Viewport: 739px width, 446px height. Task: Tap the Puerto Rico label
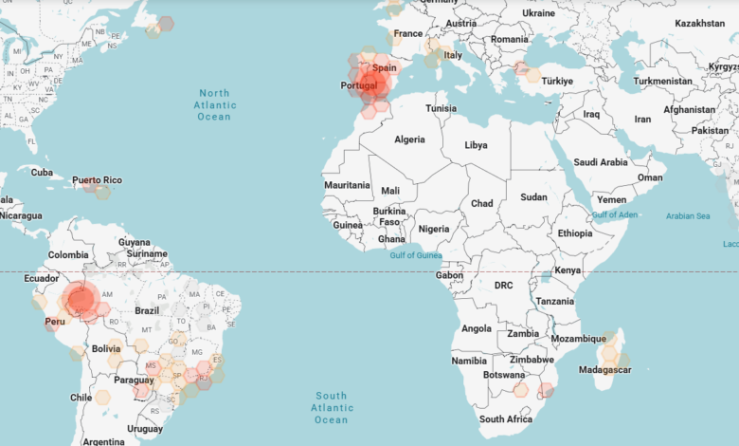pos(98,180)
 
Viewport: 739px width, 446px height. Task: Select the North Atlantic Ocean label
pos(214,104)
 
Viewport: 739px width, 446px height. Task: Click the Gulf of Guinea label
pos(416,255)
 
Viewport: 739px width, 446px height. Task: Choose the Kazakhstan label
pos(699,22)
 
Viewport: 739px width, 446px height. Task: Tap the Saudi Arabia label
pos(601,162)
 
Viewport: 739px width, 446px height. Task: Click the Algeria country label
pos(409,139)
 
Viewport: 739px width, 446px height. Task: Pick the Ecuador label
pos(41,279)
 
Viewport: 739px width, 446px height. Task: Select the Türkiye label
pos(558,82)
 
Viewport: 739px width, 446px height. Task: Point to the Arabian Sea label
pos(687,216)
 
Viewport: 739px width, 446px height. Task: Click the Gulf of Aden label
pos(614,214)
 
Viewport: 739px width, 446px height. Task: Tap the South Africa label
pos(505,418)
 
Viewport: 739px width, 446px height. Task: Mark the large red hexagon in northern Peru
pos(81,300)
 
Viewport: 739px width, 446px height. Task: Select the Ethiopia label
pos(574,233)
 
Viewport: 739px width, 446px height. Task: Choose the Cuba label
pos(42,172)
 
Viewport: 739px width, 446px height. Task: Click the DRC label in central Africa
pos(503,285)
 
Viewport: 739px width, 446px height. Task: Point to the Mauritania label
pos(347,185)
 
